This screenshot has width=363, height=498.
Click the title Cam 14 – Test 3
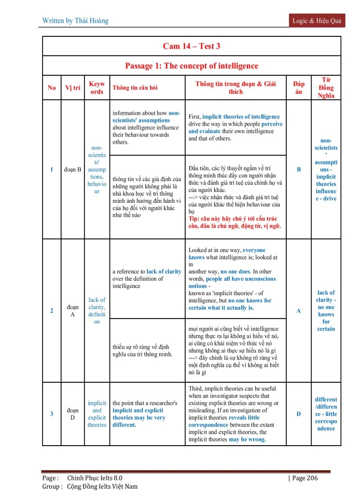191,46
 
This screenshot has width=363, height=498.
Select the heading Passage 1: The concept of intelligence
191,66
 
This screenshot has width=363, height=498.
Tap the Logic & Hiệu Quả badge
316,20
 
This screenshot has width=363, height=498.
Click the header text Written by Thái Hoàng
76,21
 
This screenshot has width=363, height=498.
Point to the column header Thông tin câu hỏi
135,88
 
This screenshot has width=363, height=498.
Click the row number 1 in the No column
52,169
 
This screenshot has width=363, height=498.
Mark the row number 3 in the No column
52,414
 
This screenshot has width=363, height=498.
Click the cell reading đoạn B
73,169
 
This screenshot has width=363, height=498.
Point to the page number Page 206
303,478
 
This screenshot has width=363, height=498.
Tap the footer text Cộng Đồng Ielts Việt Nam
102,487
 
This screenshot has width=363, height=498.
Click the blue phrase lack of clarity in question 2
164,271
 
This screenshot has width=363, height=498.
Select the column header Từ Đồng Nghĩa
326,88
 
